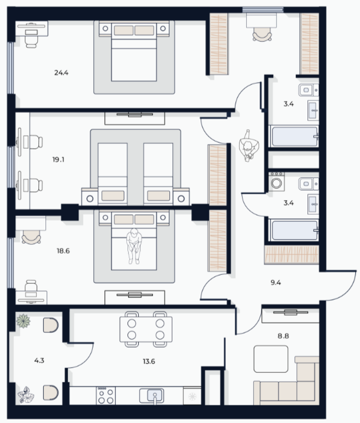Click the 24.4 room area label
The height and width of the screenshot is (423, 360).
click(61, 73)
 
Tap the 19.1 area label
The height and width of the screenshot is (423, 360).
click(58, 160)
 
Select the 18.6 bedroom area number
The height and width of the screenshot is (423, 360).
click(63, 251)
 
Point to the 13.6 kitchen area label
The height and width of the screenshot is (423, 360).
click(149, 361)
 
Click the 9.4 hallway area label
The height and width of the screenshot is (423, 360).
click(276, 283)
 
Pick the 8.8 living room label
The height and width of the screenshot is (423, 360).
click(283, 336)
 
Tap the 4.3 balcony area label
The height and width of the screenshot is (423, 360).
click(39, 360)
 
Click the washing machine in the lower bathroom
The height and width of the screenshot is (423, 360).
click(276, 182)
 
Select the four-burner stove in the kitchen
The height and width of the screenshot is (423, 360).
click(106, 395)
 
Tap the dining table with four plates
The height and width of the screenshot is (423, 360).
click(146, 329)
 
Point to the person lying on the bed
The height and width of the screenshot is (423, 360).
click(134, 246)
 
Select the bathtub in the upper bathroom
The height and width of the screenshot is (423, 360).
click(294, 136)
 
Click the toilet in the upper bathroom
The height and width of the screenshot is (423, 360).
click(309, 90)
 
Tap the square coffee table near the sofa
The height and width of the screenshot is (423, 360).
click(271, 359)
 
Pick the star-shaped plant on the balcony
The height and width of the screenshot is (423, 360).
click(23, 321)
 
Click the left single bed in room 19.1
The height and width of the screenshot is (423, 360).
click(113, 173)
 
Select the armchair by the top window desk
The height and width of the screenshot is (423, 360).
click(262, 35)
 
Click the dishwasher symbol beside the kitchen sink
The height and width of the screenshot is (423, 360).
click(192, 396)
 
